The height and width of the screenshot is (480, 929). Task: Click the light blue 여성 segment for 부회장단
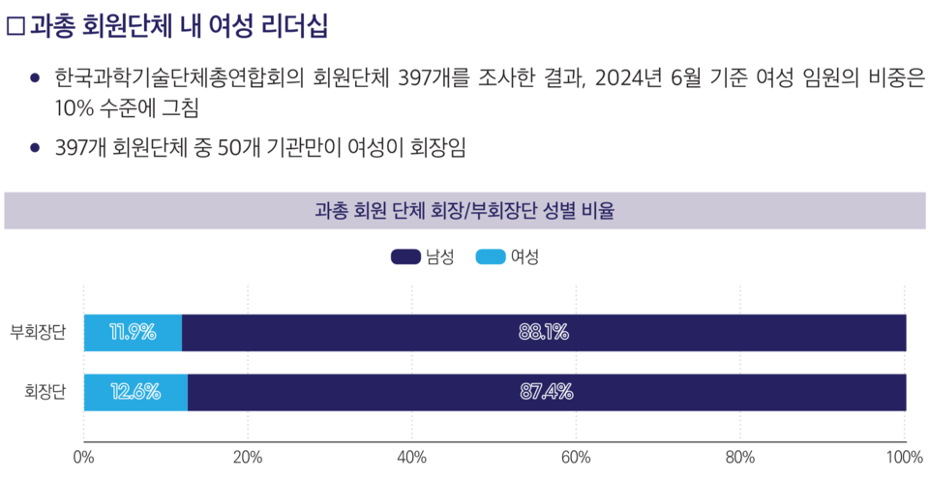[133, 333]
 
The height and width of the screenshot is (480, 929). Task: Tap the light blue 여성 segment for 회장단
[135, 392]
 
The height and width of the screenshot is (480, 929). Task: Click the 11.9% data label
[133, 333]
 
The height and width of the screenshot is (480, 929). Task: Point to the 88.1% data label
[543, 333]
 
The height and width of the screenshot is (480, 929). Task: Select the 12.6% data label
[135, 392]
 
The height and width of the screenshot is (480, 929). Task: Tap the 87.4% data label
[546, 392]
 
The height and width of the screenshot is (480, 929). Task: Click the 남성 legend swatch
[405, 256]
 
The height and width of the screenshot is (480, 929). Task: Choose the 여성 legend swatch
[491, 256]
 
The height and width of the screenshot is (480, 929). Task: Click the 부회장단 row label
[38, 333]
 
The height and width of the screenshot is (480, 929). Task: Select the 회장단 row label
[45, 392]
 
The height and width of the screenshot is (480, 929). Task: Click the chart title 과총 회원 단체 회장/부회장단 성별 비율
[464, 210]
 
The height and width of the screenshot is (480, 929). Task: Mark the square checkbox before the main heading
[15, 27]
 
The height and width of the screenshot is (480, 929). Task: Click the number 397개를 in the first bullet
[432, 78]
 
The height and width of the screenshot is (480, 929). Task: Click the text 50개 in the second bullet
[240, 147]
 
